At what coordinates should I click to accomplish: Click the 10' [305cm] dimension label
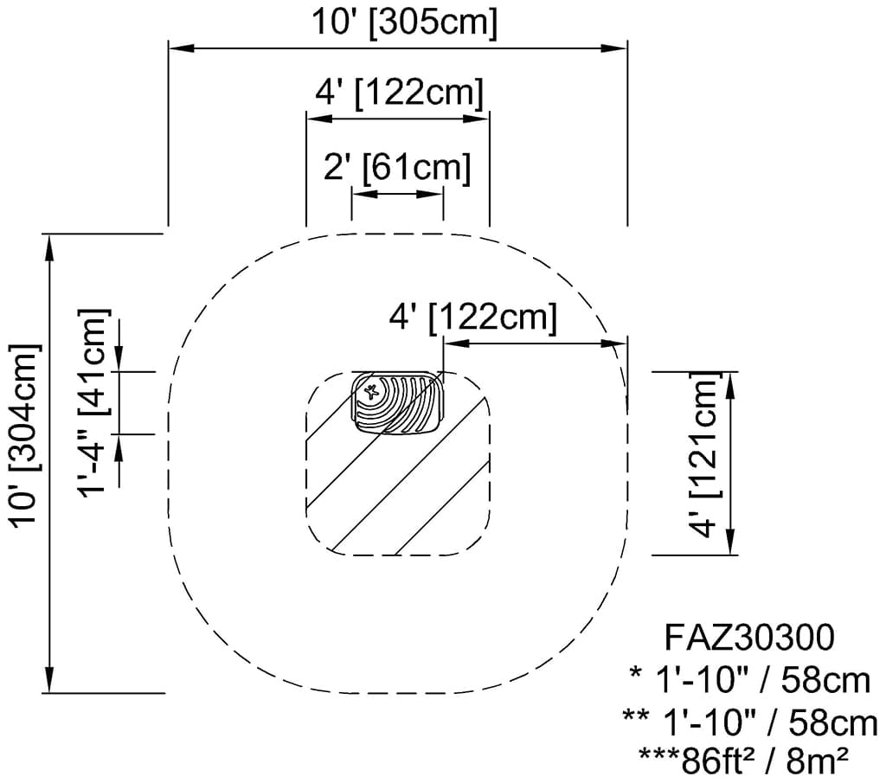click(x=405, y=23)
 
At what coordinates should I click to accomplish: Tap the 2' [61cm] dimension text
click(x=396, y=168)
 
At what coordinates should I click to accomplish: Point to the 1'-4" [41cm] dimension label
click(x=93, y=403)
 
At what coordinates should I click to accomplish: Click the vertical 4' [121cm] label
click(x=704, y=454)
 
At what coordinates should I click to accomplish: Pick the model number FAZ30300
click(x=748, y=638)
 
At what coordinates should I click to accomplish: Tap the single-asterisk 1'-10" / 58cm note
click(x=749, y=680)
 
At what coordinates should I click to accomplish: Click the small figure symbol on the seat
click(x=371, y=391)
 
